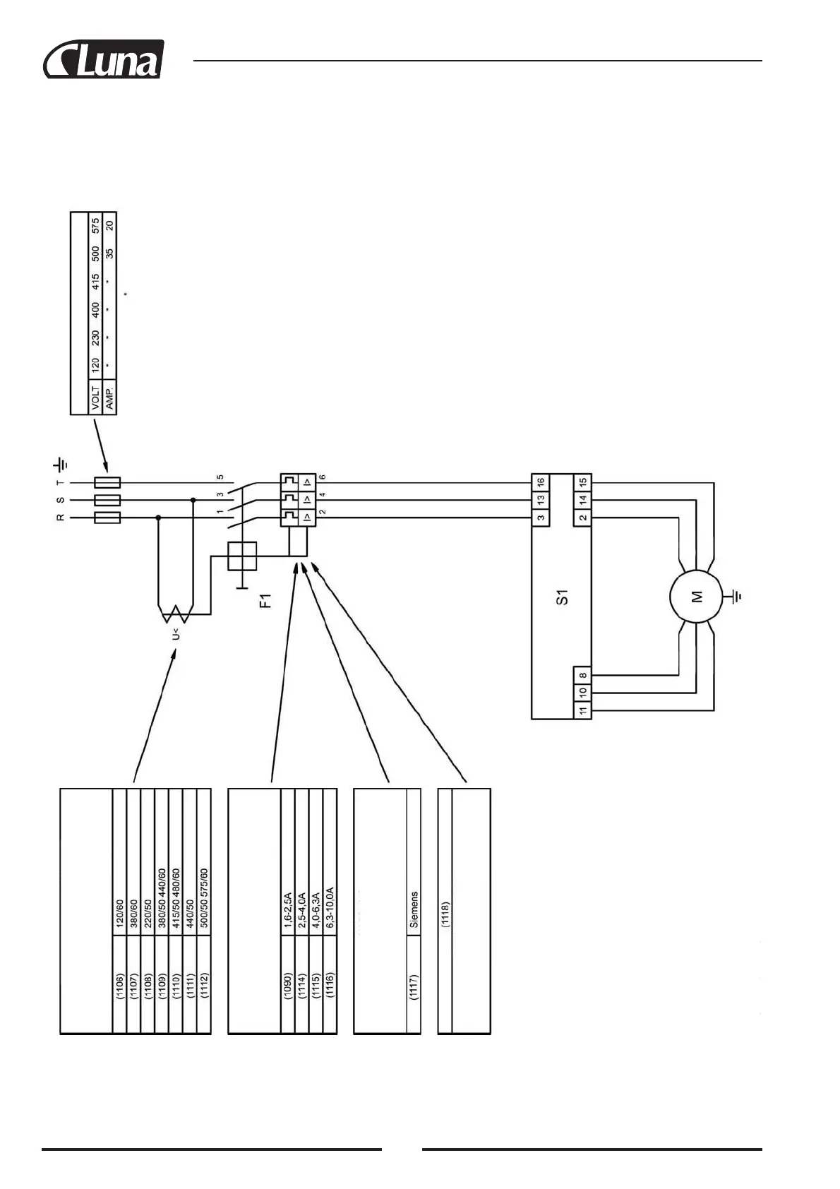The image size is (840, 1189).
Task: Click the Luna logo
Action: [x=104, y=59]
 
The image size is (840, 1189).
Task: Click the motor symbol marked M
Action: [x=696, y=597]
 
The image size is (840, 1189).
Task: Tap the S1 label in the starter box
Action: [x=562, y=597]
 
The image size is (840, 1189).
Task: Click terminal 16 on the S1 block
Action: [x=541, y=482]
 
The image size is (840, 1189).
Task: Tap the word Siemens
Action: [x=414, y=909]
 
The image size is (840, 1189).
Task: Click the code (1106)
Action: [x=119, y=988]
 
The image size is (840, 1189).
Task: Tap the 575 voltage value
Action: [x=95, y=226]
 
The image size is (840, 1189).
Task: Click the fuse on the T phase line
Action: [x=107, y=482]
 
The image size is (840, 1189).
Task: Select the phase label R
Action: [x=61, y=518]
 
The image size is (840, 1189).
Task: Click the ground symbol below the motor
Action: [x=737, y=597]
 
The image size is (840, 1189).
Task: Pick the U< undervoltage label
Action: [x=175, y=634]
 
